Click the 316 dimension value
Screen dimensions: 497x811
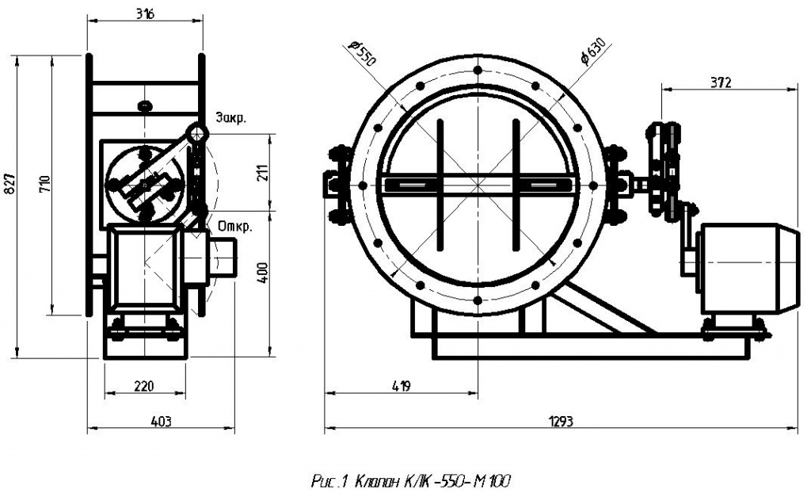pyautogui.click(x=144, y=14)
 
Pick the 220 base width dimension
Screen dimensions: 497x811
pyautogui.click(x=143, y=386)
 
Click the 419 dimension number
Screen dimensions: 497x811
pyautogui.click(x=401, y=385)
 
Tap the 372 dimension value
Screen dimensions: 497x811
pyautogui.click(x=721, y=82)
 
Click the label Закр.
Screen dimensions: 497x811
pyautogui.click(x=230, y=118)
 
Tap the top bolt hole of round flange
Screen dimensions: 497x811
pyautogui.click(x=477, y=71)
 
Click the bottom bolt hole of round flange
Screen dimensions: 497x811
pyautogui.click(x=477, y=300)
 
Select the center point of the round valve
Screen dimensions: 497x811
pyautogui.click(x=477, y=185)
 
